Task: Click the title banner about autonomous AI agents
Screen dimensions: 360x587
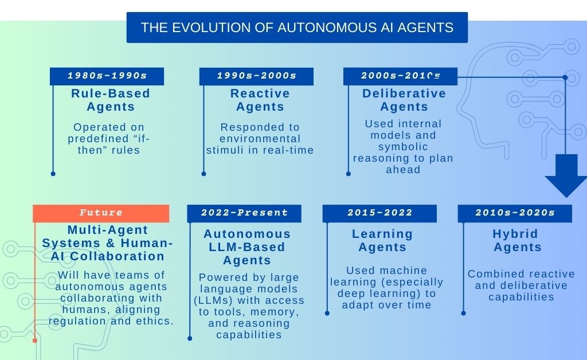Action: (x=297, y=28)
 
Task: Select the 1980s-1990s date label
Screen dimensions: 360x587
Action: (x=107, y=76)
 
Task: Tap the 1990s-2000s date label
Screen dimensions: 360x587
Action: (x=256, y=76)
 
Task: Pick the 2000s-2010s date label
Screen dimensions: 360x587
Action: (x=400, y=76)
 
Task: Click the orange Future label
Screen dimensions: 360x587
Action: (x=101, y=213)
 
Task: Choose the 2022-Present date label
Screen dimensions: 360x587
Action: (x=244, y=213)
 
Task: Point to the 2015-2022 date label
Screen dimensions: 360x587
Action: (x=379, y=213)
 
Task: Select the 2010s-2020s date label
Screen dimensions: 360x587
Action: (x=515, y=213)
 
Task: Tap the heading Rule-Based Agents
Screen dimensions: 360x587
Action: (x=111, y=100)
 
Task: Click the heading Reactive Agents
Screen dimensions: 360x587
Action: (x=260, y=100)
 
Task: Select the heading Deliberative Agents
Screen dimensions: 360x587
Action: (x=404, y=100)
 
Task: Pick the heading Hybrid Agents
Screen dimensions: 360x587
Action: (x=517, y=241)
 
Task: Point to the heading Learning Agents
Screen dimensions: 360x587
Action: (x=382, y=241)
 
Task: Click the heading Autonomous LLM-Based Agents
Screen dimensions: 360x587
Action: (x=247, y=247)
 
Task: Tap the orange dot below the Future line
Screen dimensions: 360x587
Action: (x=35, y=341)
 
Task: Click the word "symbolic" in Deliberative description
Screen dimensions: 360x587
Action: (x=403, y=147)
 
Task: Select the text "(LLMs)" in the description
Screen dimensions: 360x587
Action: (x=214, y=300)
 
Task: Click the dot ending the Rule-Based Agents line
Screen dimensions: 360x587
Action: (x=53, y=173)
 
